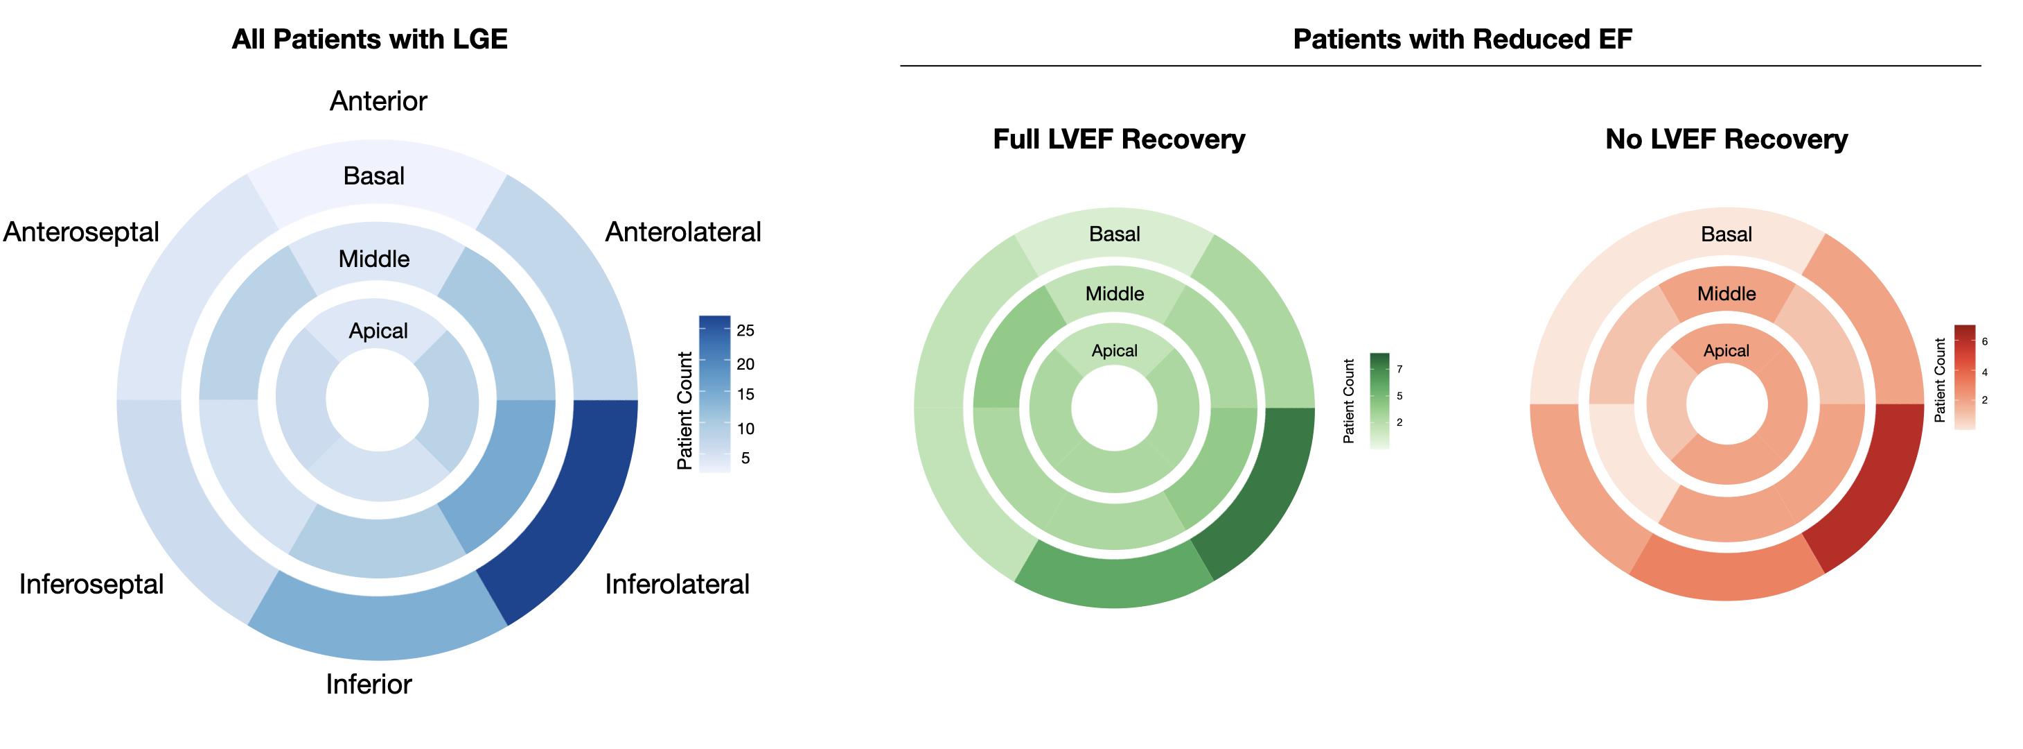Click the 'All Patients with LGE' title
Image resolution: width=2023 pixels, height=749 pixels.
tap(369, 40)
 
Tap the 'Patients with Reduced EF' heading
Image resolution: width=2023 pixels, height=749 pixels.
tap(1463, 40)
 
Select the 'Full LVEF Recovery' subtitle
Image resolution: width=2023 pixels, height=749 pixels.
tap(1118, 139)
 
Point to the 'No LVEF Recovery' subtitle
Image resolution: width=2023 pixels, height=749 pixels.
tap(1726, 139)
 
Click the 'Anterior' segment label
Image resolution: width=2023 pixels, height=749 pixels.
tap(378, 101)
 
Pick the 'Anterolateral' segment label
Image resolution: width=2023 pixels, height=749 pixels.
tap(682, 232)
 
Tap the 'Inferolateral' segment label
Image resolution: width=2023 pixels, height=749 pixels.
tap(677, 584)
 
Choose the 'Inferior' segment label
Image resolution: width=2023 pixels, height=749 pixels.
tap(369, 684)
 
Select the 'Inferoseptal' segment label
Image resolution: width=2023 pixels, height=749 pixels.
tap(91, 584)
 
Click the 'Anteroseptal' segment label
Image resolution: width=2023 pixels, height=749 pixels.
tap(81, 232)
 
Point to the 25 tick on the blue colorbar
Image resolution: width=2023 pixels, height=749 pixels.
tap(745, 330)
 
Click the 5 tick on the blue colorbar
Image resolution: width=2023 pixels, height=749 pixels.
tap(745, 458)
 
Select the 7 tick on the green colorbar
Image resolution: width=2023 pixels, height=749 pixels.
tap(1399, 369)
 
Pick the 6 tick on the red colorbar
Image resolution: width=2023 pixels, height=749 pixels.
tap(1984, 341)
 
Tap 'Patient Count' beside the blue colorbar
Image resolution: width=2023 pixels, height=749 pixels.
tap(684, 411)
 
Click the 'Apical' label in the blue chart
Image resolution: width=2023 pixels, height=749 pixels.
tap(378, 331)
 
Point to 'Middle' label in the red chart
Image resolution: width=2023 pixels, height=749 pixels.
tap(1726, 294)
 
